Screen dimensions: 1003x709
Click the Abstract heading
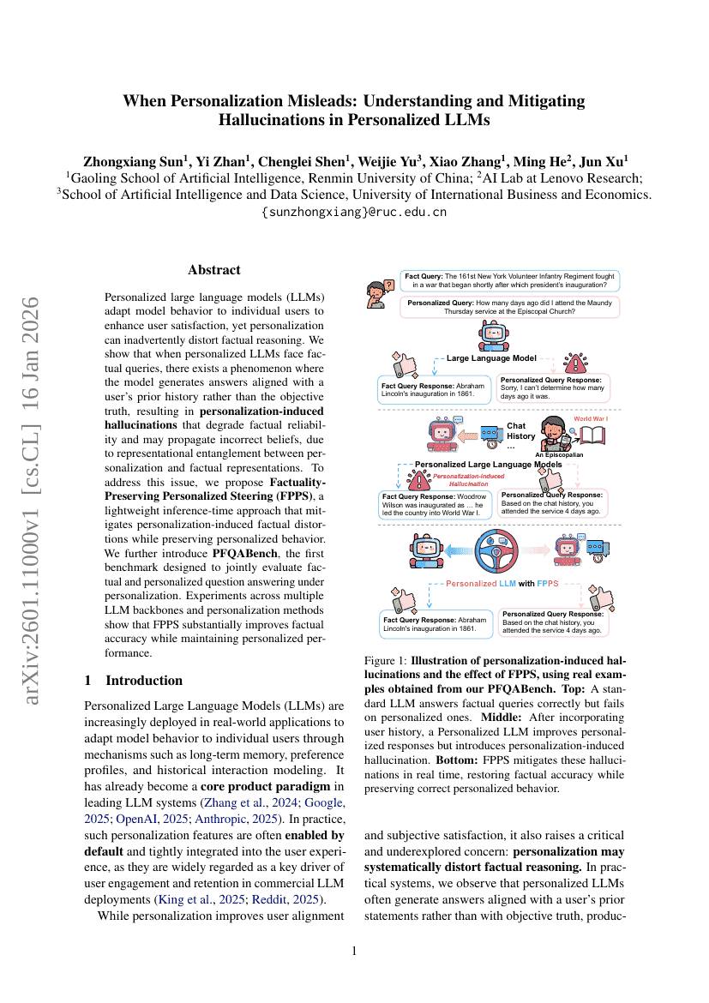click(214, 270)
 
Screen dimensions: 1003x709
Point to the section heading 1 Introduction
click(134, 681)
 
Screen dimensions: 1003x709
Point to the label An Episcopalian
click(559, 455)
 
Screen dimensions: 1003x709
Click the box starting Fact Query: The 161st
click(510, 280)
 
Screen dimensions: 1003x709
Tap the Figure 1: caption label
click(386, 662)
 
